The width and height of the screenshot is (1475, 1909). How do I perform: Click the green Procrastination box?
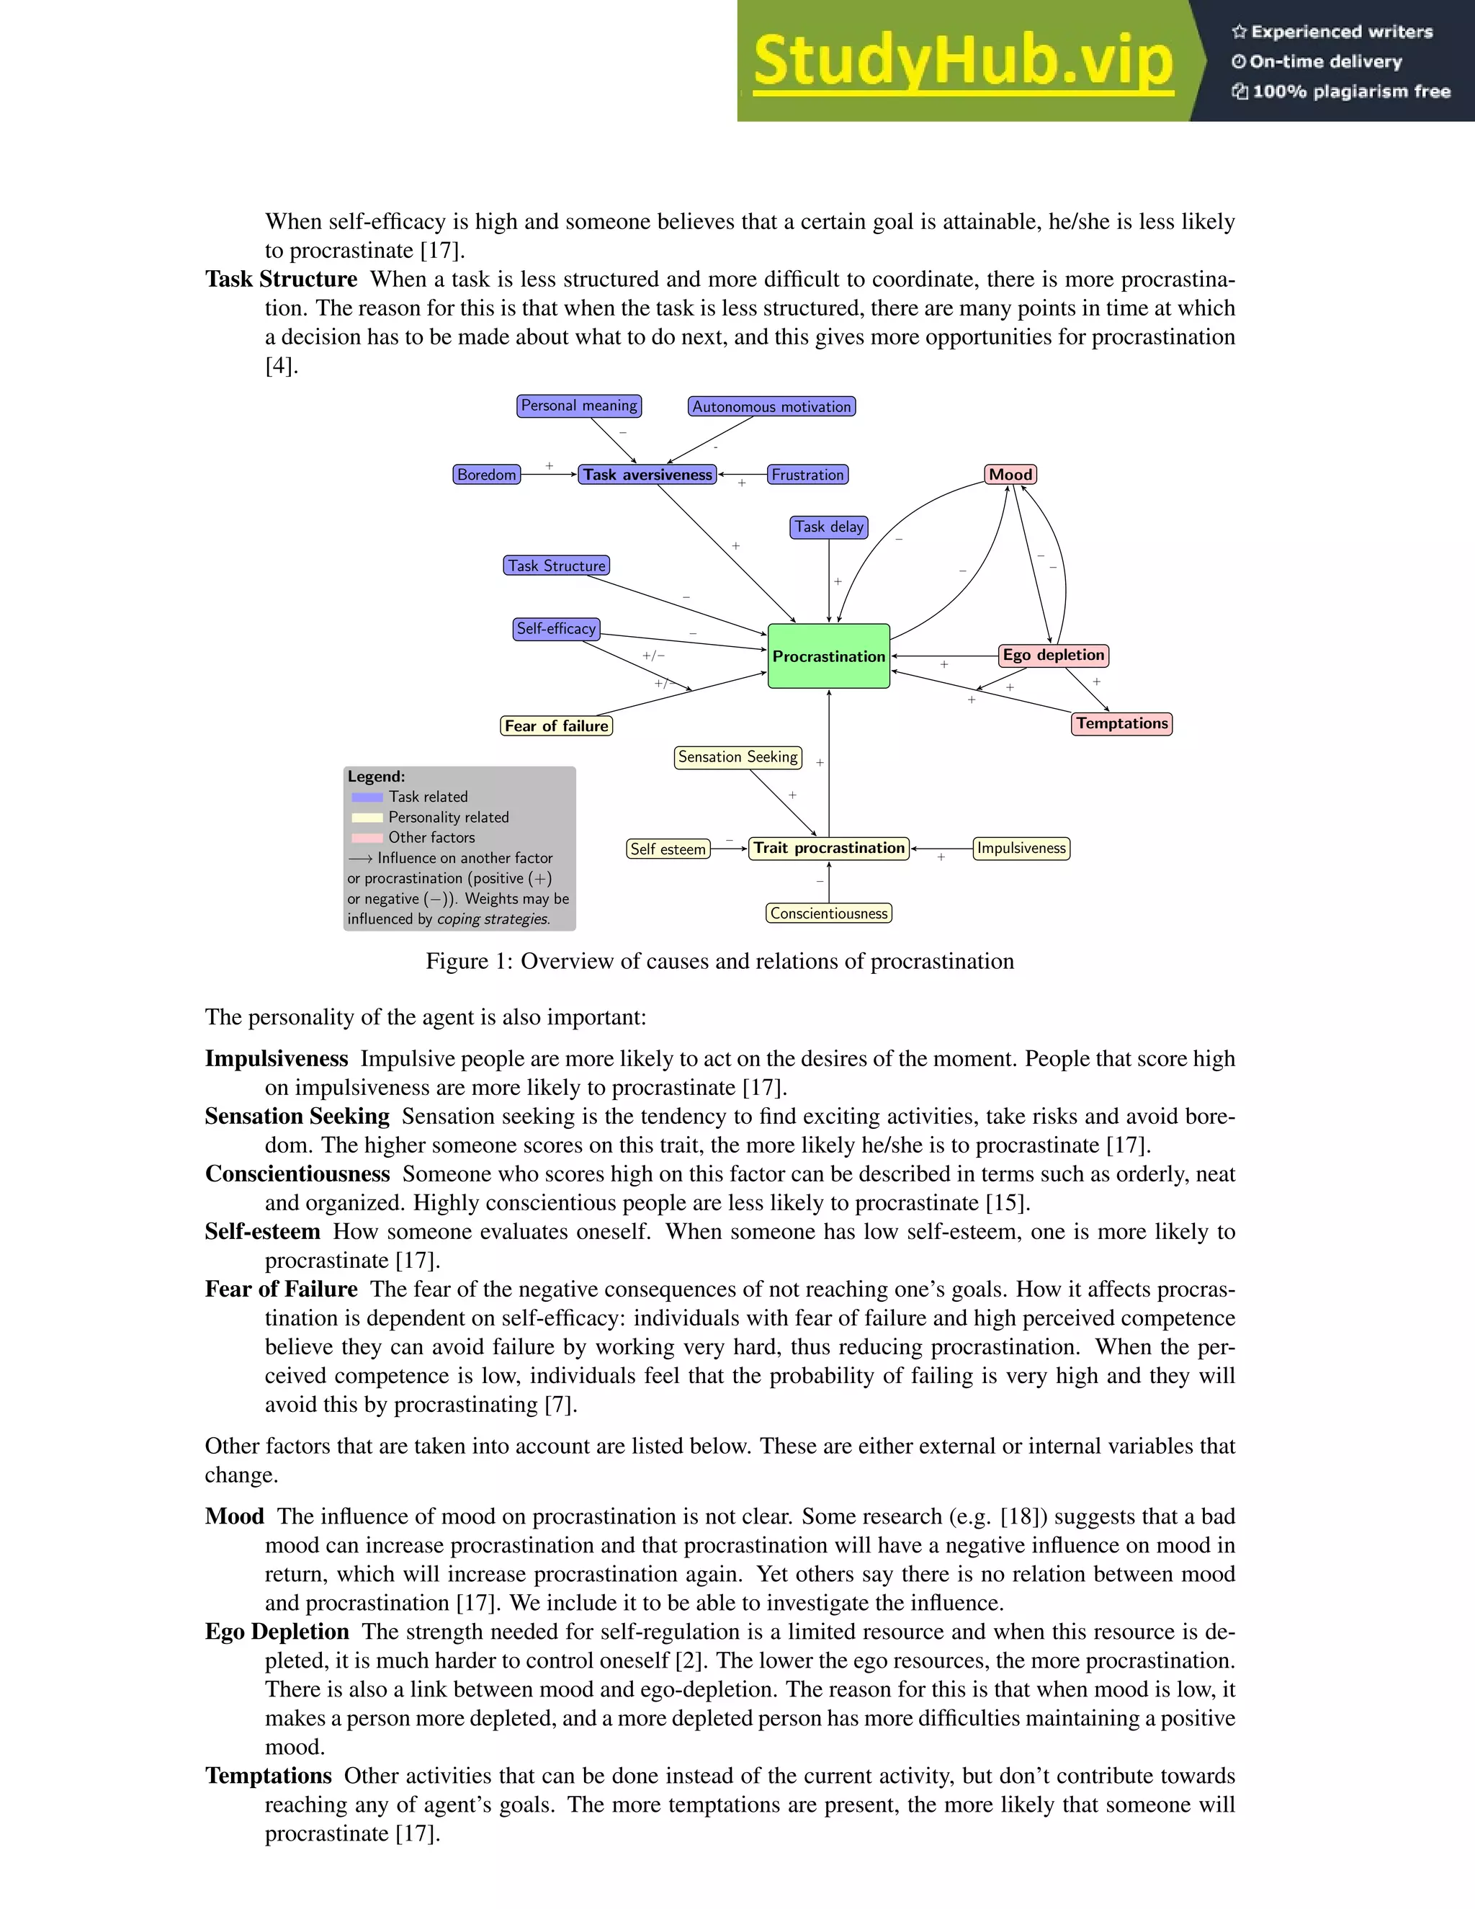tap(828, 656)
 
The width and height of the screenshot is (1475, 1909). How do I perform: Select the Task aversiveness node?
tap(647, 475)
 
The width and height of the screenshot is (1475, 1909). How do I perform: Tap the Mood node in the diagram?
tap(1010, 475)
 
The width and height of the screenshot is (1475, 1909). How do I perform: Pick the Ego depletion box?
tap(1053, 655)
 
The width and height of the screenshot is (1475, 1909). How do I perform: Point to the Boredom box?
tap(487, 475)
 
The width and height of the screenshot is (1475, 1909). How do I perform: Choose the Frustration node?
tap(807, 475)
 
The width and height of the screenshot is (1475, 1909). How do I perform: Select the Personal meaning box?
tap(578, 406)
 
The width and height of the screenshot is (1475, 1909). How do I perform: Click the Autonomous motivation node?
tap(771, 406)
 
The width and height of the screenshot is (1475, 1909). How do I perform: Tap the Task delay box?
tap(828, 527)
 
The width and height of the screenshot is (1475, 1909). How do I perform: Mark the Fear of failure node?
tap(556, 725)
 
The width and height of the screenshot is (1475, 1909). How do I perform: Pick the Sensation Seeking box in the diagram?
tap(737, 757)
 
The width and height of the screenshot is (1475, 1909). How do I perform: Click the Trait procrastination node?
tap(828, 848)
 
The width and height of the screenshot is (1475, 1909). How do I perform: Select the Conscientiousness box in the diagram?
tap(828, 913)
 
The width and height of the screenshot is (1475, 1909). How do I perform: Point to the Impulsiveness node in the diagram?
tap(1021, 848)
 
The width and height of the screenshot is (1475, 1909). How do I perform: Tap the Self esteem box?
tap(668, 849)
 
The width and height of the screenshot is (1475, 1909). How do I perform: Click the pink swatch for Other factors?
tap(367, 837)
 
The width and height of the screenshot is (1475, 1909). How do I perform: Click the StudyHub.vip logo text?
tap(962, 61)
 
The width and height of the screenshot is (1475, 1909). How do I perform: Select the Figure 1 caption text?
tap(719, 962)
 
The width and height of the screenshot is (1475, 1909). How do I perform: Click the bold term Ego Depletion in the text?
tap(277, 1632)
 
